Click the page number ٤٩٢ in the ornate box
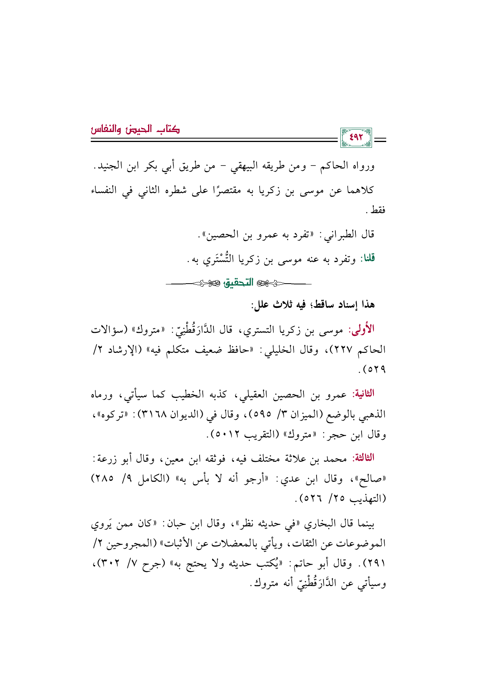click(356, 137)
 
